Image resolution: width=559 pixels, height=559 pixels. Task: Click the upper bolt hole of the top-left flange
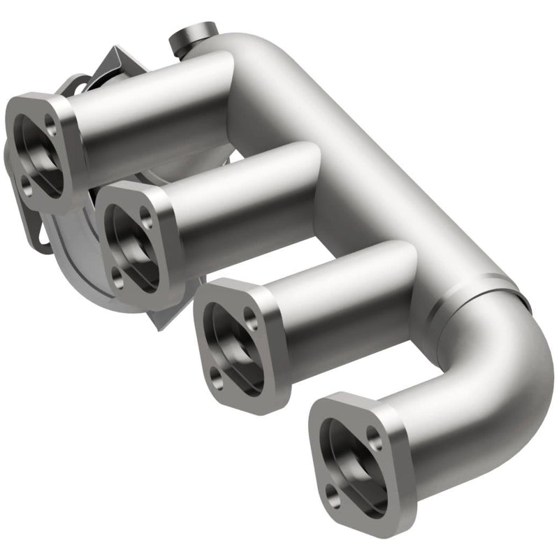(51, 124)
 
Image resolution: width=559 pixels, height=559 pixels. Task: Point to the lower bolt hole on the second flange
(118, 277)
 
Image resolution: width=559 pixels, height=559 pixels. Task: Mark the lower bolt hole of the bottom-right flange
(336, 500)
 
